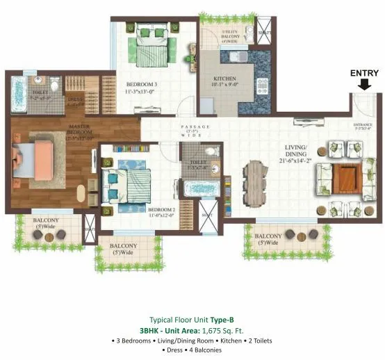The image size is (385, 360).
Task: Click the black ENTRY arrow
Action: click(363, 85)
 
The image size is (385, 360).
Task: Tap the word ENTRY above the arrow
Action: click(364, 72)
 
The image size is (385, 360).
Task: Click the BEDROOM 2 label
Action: click(161, 208)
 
